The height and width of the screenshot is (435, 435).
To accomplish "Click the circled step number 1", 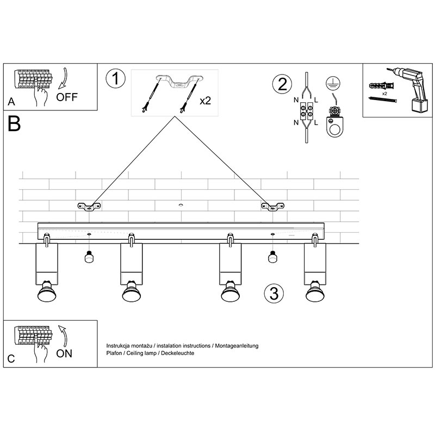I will tap(115, 79).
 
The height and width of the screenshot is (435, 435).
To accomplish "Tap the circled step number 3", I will tap(274, 293).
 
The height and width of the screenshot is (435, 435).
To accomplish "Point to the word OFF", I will tap(67, 97).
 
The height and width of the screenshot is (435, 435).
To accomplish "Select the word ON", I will tap(64, 353).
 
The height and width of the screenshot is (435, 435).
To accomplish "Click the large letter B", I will tap(15, 124).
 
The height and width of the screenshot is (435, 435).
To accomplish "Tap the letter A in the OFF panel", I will tap(11, 102).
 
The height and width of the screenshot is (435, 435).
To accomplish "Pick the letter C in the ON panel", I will tap(11, 359).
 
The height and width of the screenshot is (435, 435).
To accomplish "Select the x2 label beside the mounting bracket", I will tap(206, 101).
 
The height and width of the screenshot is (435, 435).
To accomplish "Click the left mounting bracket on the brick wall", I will tap(90, 206).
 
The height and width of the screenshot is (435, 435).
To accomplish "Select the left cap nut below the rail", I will tap(89, 257).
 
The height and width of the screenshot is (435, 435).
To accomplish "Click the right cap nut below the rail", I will tap(272, 257).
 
